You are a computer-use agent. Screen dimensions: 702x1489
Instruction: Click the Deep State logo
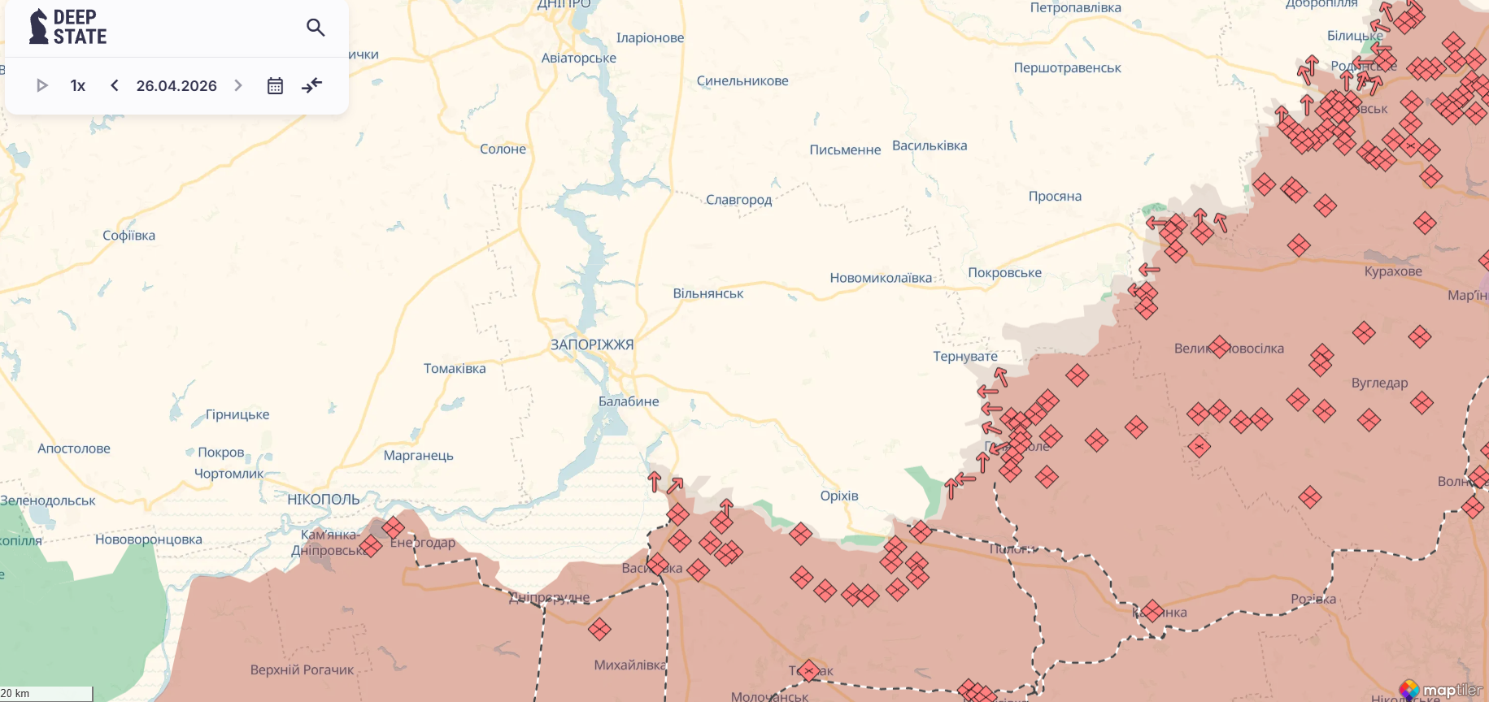coord(67,27)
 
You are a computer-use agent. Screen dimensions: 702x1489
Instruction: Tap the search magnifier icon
coord(316,28)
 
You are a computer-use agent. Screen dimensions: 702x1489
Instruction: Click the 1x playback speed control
coord(78,85)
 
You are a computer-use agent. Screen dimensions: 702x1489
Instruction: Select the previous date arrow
coord(115,85)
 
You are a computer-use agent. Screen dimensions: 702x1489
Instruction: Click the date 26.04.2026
coord(176,85)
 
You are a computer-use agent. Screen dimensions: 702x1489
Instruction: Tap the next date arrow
coord(238,85)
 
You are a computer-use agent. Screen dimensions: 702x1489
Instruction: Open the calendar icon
coord(275,85)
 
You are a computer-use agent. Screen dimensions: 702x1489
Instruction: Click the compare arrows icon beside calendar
coord(312,85)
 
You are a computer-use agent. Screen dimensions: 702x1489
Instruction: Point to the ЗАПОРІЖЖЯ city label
coord(591,344)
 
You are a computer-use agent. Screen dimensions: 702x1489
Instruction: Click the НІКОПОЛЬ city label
coord(323,500)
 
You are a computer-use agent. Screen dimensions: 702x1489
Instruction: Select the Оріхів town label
coord(839,496)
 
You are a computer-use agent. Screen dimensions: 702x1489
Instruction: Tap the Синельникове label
coord(742,80)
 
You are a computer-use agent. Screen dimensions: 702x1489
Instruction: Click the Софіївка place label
coord(128,236)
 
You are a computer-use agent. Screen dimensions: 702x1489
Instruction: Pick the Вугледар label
coord(1379,383)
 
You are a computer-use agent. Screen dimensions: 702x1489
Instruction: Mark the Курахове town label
coord(1393,271)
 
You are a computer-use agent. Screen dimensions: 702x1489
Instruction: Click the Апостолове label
coord(74,448)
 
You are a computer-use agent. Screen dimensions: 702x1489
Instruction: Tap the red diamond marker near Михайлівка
coord(599,629)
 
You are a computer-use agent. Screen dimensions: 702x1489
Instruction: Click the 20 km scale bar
coord(46,694)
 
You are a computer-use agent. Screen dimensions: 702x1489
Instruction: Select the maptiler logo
coord(1441,691)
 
